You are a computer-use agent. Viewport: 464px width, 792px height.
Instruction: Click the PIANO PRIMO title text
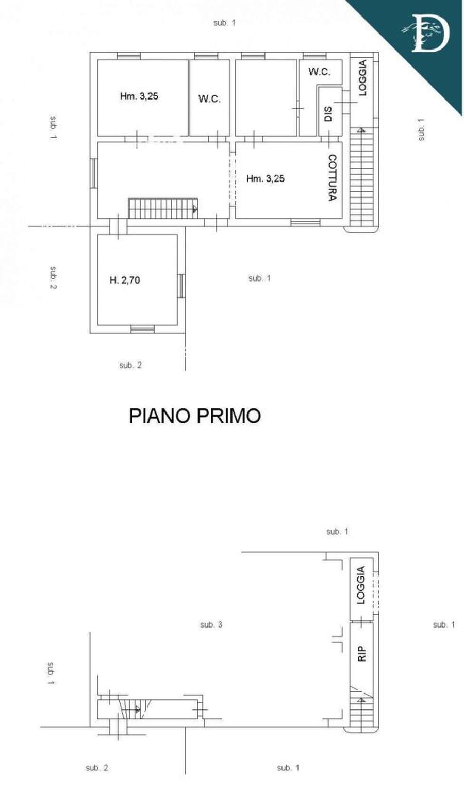pos(194,416)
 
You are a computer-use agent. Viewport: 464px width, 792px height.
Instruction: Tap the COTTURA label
pos(333,177)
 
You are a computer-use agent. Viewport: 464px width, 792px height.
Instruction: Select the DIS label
pos(328,114)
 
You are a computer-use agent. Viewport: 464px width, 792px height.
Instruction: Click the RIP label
pos(361,654)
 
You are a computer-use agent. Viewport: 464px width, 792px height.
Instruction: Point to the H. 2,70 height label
pos(125,280)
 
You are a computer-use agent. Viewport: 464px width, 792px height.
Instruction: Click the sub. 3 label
pos(211,625)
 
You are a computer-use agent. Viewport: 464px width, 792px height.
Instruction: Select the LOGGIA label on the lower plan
pos(361,585)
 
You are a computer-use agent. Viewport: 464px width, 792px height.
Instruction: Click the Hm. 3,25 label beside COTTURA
pos(266,179)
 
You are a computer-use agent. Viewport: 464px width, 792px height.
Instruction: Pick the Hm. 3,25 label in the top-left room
pos(139,96)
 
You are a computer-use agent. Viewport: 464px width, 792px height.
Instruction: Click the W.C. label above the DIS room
pos(319,72)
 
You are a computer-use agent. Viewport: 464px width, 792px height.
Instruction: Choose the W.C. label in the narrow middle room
pos(209,98)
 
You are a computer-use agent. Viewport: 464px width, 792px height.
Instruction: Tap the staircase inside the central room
pos(162,209)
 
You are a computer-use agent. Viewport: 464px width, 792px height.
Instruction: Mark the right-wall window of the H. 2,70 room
pos(181,286)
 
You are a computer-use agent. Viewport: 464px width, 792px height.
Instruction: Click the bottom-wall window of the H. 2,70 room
pos(142,329)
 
